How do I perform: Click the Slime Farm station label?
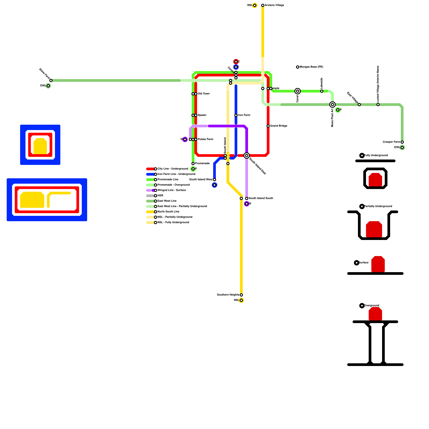tap(45, 74)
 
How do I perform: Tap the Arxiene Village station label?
tap(274, 5)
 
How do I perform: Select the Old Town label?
tap(204, 94)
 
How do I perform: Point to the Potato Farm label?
tap(205, 139)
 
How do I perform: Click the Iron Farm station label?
tap(244, 115)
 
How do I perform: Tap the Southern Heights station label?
tap(228, 295)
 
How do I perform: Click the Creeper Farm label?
tap(391, 142)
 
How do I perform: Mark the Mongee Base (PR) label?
tap(311, 67)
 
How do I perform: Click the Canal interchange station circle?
tap(298, 91)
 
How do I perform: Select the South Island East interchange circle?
tap(247, 156)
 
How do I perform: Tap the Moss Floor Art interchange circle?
tap(332, 105)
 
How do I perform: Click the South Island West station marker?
tap(214, 180)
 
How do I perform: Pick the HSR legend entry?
tap(160, 196)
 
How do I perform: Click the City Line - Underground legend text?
tap(173, 169)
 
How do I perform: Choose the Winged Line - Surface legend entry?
tap(172, 190)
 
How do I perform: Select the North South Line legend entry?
tap(168, 212)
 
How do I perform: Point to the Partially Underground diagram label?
tap(378, 206)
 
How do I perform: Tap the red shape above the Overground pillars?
tap(375, 314)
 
